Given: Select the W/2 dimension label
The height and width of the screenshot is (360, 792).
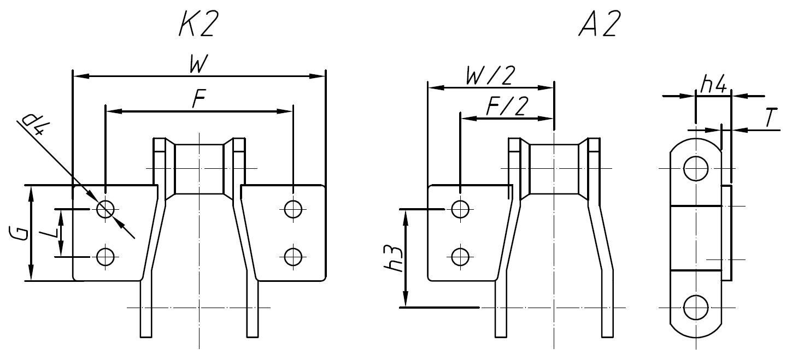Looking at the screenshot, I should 490,76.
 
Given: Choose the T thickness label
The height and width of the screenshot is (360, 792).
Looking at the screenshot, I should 771,119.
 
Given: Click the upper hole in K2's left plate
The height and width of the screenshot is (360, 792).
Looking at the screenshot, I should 105,209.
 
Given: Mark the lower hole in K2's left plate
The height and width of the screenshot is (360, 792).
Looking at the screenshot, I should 105,256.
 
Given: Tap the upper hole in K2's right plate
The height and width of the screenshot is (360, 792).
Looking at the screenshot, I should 293,209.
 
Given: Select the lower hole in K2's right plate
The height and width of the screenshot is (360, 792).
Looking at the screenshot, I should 293,256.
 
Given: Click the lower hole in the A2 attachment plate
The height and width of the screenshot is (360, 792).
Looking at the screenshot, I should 460,255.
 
